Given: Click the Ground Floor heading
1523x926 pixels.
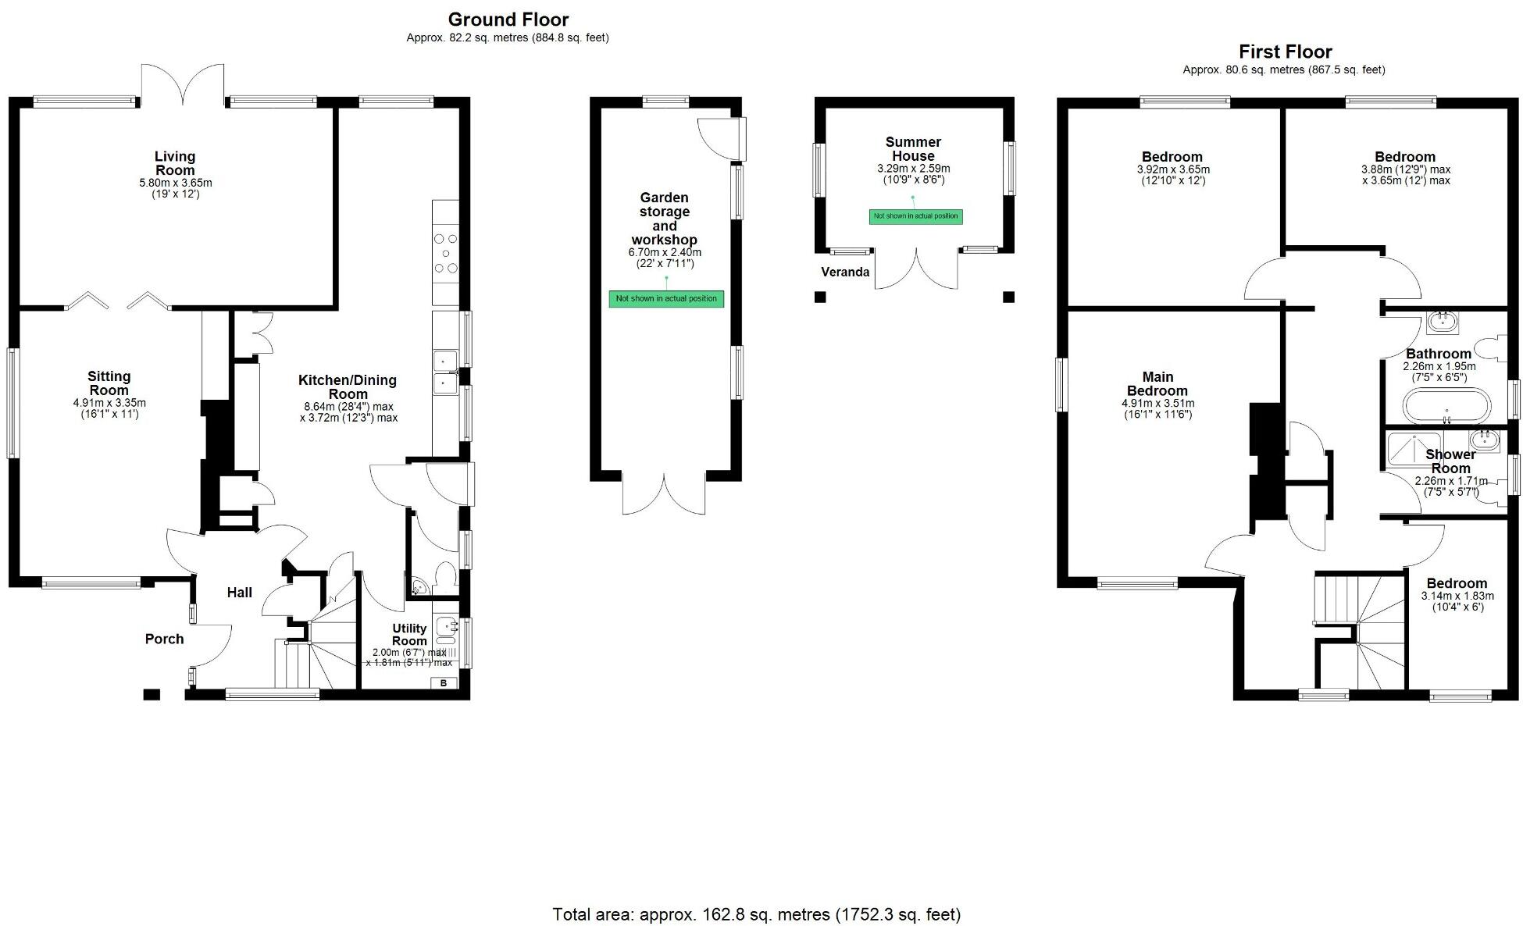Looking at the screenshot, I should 508,20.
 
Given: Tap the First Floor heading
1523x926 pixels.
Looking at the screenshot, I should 1285,52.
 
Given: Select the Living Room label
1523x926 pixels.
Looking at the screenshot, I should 175,163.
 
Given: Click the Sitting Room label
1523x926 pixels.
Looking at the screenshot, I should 109,383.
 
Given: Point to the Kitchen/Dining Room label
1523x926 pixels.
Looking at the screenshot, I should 348,386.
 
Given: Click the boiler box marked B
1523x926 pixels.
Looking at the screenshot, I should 444,683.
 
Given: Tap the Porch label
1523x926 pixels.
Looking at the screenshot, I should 164,639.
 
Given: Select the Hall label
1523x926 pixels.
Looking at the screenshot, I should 239,593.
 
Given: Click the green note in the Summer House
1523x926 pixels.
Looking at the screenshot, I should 915,216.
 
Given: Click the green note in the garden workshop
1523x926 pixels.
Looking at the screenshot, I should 666,298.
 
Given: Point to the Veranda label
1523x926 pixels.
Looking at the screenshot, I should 845,272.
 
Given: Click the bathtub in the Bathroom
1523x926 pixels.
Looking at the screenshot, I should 1446,406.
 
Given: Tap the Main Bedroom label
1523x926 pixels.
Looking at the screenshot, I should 1157,383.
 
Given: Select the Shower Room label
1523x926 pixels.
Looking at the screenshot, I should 1450,461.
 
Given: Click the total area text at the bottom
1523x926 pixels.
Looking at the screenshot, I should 756,914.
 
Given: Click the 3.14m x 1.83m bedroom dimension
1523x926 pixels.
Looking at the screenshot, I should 1457,596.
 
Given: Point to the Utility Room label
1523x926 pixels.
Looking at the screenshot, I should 409,634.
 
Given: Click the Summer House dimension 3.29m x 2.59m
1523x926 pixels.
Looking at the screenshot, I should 913,169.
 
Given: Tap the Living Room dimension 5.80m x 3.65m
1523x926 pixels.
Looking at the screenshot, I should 175,183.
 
